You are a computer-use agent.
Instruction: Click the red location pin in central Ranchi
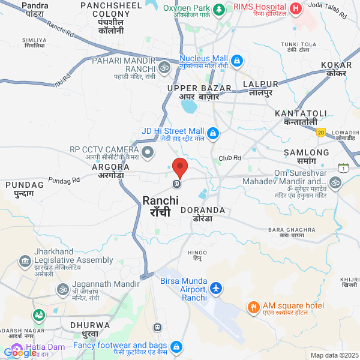point(179,166)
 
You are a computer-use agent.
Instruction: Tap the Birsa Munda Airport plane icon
point(216,289)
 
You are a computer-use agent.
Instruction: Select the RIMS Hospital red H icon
point(295,9)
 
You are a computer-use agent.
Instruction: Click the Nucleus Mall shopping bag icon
point(237,61)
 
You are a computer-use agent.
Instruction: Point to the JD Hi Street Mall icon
point(213,133)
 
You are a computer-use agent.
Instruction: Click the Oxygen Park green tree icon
point(219,10)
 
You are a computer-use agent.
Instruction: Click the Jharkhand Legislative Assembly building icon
point(25,262)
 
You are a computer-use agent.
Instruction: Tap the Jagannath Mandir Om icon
point(61,289)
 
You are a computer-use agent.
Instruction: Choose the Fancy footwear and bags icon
point(176,347)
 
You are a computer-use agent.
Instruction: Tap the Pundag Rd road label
point(64,179)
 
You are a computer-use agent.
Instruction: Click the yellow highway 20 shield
point(321,132)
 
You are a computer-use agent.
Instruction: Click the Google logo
point(20,353)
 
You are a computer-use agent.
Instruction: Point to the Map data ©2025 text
point(334,355)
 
